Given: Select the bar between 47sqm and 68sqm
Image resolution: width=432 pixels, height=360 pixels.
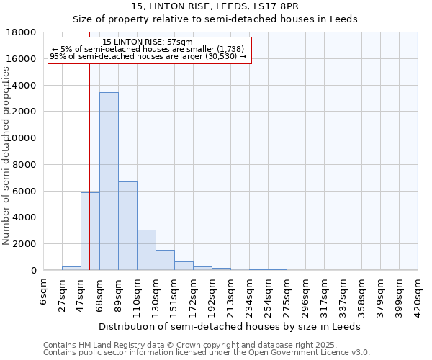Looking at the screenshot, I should click(x=90, y=231).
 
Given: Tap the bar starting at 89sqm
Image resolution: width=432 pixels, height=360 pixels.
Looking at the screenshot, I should click(x=127, y=226).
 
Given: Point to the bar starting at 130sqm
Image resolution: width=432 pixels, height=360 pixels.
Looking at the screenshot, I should click(x=165, y=260).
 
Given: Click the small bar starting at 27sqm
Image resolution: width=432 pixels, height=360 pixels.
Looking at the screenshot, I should click(x=71, y=268).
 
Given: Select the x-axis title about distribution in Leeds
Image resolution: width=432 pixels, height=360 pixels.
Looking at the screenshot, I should click(x=230, y=326).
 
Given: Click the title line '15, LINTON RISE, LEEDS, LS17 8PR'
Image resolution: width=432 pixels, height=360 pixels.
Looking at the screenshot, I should click(x=215, y=6).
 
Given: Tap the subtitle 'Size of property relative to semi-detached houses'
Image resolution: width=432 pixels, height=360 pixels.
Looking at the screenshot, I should click(x=215, y=19).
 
